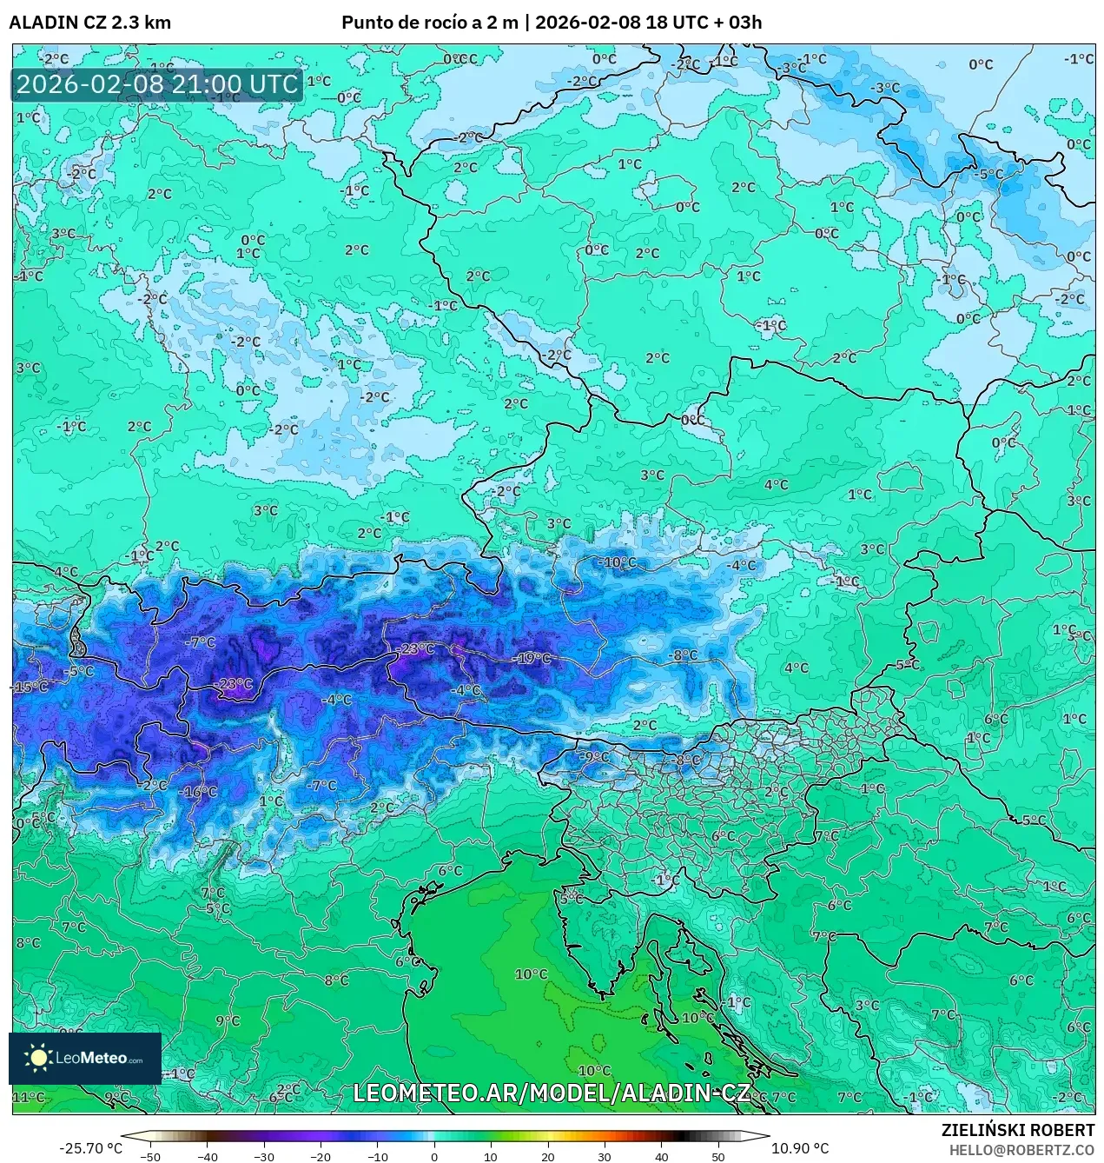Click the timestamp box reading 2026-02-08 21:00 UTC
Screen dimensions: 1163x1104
[157, 85]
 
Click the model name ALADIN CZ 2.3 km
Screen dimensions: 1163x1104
[89, 23]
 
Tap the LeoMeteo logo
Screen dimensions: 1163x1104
[85, 1058]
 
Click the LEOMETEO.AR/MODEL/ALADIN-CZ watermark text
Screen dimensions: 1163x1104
[552, 1093]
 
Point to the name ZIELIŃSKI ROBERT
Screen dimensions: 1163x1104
[1017, 1130]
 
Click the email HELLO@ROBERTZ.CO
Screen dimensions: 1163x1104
[1021, 1149]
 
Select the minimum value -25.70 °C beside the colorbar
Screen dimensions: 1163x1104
[90, 1148]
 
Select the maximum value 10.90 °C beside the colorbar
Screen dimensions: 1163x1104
[800, 1148]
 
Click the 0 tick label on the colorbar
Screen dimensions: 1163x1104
[434, 1157]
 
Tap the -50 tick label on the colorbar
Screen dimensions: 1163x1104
[150, 1157]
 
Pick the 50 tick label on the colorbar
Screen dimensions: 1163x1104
[717, 1157]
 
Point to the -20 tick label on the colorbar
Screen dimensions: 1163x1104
[321, 1157]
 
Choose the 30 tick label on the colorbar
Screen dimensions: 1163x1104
[604, 1157]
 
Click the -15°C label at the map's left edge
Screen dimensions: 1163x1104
[30, 688]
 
